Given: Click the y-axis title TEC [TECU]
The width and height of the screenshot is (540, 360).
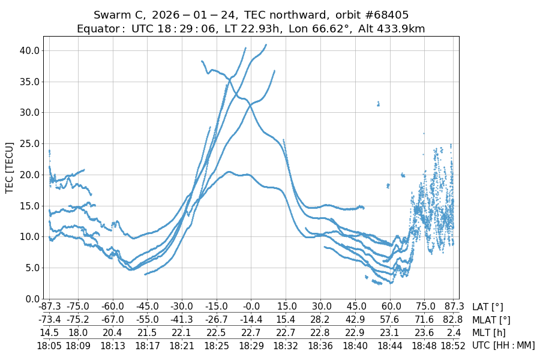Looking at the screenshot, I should pyautogui.click(x=10, y=167).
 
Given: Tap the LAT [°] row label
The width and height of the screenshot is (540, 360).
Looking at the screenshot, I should pyautogui.click(x=488, y=307).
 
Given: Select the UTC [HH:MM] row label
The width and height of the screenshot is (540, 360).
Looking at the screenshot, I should pyautogui.click(x=503, y=345).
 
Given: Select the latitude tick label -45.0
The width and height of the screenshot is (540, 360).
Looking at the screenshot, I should pyautogui.click(x=147, y=307).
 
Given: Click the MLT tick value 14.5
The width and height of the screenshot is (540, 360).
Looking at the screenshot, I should pyautogui.click(x=49, y=332).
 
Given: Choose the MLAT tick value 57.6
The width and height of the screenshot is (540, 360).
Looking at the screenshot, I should pyautogui.click(x=391, y=320).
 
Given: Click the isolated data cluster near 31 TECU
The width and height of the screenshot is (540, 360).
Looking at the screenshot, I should pyautogui.click(x=378, y=104).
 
